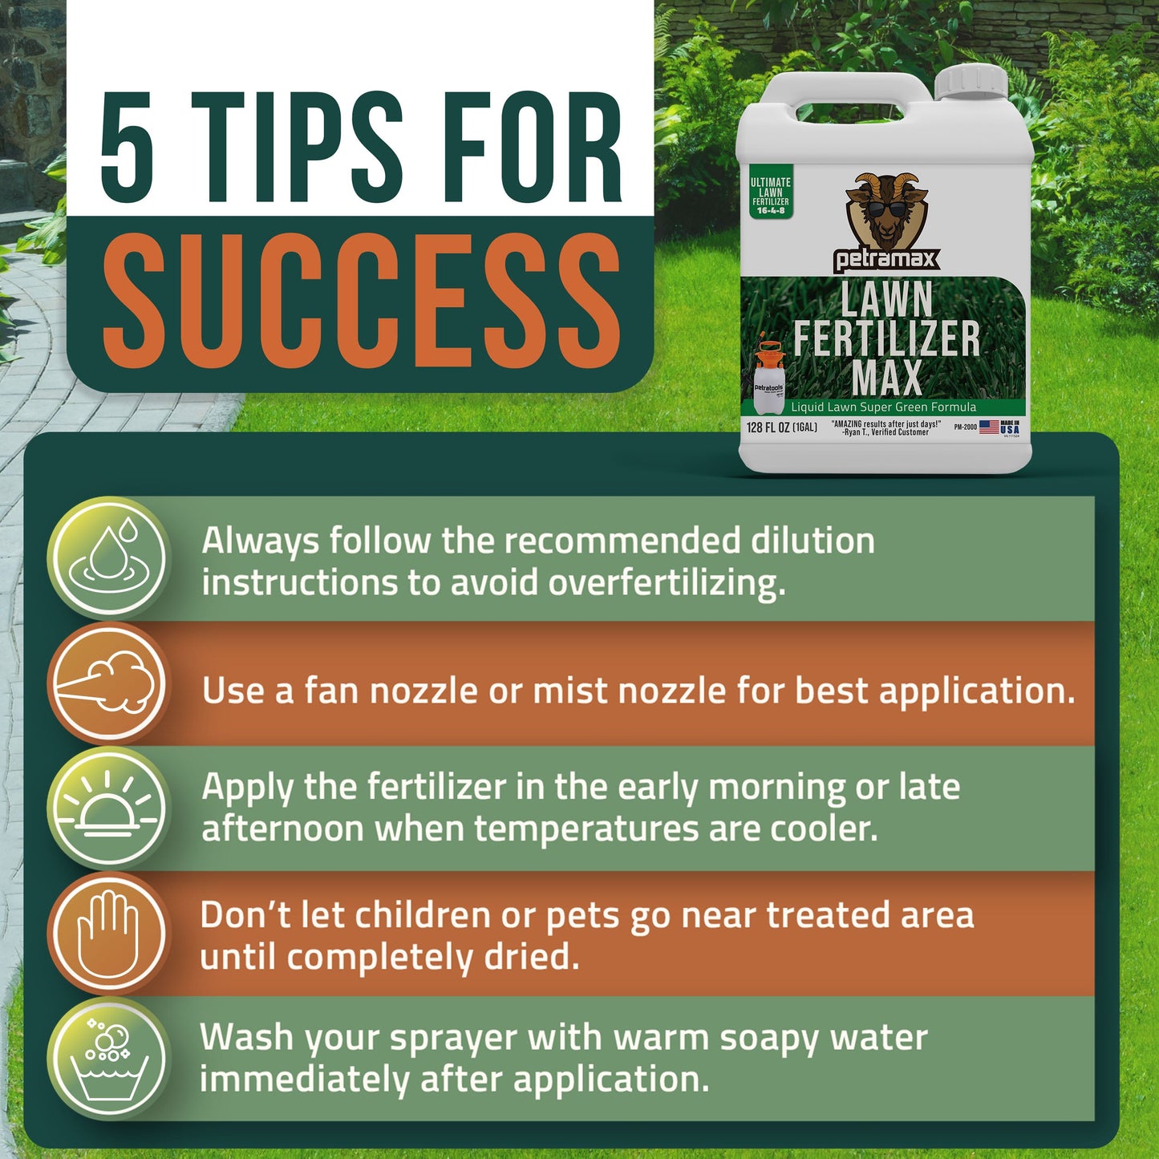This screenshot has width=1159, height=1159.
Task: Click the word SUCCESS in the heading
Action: click(x=361, y=302)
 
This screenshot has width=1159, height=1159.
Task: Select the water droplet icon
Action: click(x=109, y=557)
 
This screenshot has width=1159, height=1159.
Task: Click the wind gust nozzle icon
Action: click(x=109, y=683)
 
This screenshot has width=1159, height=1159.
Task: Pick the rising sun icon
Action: click(x=109, y=808)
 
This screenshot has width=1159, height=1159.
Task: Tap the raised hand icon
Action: click(x=109, y=934)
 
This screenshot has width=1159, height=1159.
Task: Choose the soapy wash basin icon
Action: click(x=109, y=1059)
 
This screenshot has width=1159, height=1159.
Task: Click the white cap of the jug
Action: click(x=971, y=81)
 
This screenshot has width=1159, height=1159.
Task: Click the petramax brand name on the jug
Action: click(x=885, y=260)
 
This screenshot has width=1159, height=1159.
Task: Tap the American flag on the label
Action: click(x=989, y=427)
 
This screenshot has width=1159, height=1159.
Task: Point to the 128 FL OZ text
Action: click(x=781, y=428)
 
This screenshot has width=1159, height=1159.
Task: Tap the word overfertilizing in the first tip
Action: click(x=666, y=583)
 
